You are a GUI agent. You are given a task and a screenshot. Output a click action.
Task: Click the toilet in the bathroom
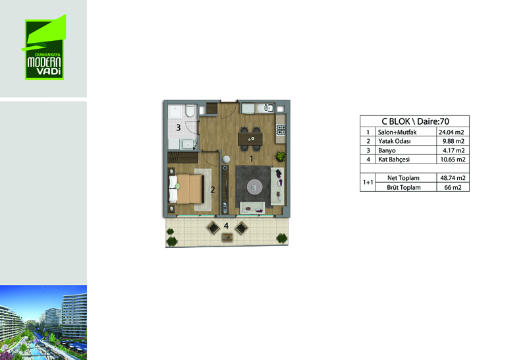coord(190,111)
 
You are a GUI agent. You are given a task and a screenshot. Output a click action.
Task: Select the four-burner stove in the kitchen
coord(281,129)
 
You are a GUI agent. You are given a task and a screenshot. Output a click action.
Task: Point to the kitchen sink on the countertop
coord(269,108)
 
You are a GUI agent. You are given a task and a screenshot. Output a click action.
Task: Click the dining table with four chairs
coord(250,138)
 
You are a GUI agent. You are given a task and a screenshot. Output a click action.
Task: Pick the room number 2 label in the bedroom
coord(212,190)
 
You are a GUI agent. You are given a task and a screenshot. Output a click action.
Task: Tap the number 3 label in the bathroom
coord(179,127)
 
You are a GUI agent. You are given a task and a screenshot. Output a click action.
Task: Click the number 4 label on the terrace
coord(226,225)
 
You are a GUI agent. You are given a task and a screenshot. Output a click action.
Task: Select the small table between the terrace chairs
coord(227,237)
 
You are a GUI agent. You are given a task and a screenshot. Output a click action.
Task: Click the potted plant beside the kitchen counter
coord(280,156)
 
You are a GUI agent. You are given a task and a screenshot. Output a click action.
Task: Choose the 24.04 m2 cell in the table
coord(451,133)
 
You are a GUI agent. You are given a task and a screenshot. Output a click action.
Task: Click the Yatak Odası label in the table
coord(394,141)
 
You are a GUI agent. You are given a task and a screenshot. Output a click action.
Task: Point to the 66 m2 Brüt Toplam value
coord(453,187)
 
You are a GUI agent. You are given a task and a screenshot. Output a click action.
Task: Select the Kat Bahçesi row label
coord(394,160)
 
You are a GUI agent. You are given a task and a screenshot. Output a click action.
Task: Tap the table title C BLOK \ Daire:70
coord(415,121)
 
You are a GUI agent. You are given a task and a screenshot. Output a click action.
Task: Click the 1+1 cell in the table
coord(368,183)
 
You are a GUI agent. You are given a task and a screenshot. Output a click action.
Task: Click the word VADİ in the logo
coord(48,71)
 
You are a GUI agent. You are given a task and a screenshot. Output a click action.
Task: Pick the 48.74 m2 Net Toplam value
coord(453,178)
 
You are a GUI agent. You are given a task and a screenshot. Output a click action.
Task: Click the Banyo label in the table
coord(387,150)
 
